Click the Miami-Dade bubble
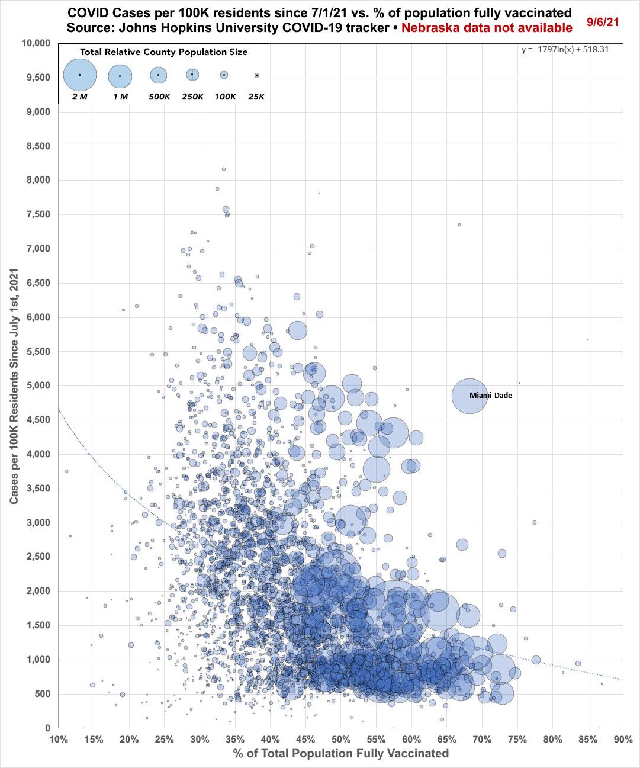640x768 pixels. pyautogui.click(x=469, y=396)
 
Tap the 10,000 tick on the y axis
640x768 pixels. pyautogui.click(x=37, y=43)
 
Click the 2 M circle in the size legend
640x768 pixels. pyautogui.click(x=79, y=75)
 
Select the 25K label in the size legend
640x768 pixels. pyautogui.click(x=256, y=96)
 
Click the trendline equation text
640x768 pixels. pyautogui.click(x=565, y=50)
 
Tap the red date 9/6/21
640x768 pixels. pyautogui.click(x=603, y=21)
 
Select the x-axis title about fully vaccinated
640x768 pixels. pyautogui.click(x=340, y=753)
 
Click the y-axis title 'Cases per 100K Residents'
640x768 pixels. pyautogui.click(x=14, y=385)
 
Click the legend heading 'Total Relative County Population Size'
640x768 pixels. pyautogui.click(x=164, y=52)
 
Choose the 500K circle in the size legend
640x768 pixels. pyautogui.click(x=158, y=75)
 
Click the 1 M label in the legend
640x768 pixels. pyautogui.click(x=120, y=96)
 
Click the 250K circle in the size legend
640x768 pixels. pyautogui.click(x=192, y=75)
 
